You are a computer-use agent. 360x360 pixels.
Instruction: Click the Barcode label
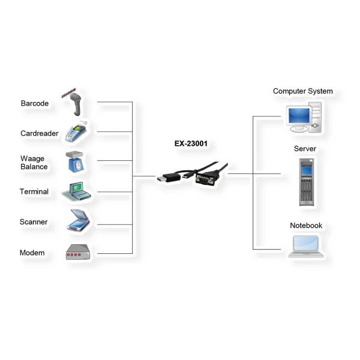click(x=35, y=103)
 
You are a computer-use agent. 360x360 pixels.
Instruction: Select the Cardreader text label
click(x=40, y=133)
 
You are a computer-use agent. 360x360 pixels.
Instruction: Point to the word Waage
click(x=32, y=158)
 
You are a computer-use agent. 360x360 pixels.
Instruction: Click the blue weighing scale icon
click(x=76, y=161)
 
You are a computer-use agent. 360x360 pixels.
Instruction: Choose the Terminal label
click(x=34, y=191)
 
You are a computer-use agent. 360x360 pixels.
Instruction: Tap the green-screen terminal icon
click(x=77, y=191)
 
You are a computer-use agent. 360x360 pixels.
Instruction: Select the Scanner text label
click(x=34, y=222)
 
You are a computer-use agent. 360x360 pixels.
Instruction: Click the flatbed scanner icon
click(x=78, y=220)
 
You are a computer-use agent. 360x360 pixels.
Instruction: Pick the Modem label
click(x=32, y=253)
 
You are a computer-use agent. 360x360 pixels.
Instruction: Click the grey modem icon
click(x=78, y=252)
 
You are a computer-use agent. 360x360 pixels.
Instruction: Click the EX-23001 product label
click(x=191, y=143)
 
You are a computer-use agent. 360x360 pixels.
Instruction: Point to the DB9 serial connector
click(x=205, y=179)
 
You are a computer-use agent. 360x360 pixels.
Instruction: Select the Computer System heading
click(x=303, y=91)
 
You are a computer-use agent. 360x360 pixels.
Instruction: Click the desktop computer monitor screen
click(x=299, y=116)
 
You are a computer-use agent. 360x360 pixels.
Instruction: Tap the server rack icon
click(x=307, y=182)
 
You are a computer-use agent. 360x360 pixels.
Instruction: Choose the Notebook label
click(x=306, y=226)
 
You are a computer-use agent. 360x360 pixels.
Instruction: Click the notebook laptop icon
click(x=305, y=247)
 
